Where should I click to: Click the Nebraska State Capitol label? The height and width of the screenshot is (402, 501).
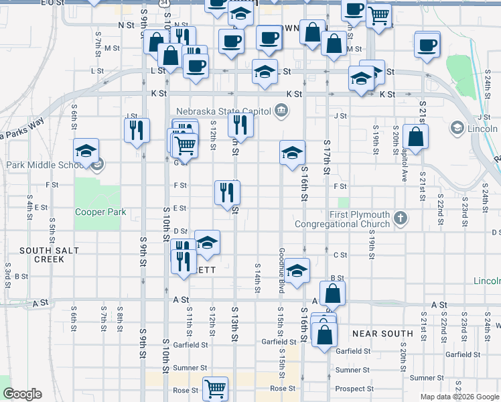(x=223, y=111)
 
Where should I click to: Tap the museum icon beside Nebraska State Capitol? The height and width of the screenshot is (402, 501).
(x=281, y=110)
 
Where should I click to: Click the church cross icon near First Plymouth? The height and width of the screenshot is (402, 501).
(x=401, y=218)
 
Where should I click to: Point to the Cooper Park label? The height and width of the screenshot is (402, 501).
(x=100, y=212)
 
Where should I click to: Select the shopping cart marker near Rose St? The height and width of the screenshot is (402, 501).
(x=215, y=388)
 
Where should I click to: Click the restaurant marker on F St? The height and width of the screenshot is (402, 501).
(x=227, y=192)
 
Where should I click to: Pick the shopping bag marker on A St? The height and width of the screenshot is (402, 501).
(x=333, y=293)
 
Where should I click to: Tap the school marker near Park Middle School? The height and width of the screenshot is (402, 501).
(x=86, y=151)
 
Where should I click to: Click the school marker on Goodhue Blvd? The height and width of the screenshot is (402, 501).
(x=297, y=270)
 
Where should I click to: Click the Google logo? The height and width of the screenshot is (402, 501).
(x=22, y=394)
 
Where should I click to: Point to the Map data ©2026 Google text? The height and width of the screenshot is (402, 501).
(x=459, y=396)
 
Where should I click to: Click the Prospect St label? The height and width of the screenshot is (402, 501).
(x=355, y=389)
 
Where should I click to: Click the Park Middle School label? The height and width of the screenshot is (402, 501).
(x=44, y=165)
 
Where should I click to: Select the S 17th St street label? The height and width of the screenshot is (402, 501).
(x=327, y=158)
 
